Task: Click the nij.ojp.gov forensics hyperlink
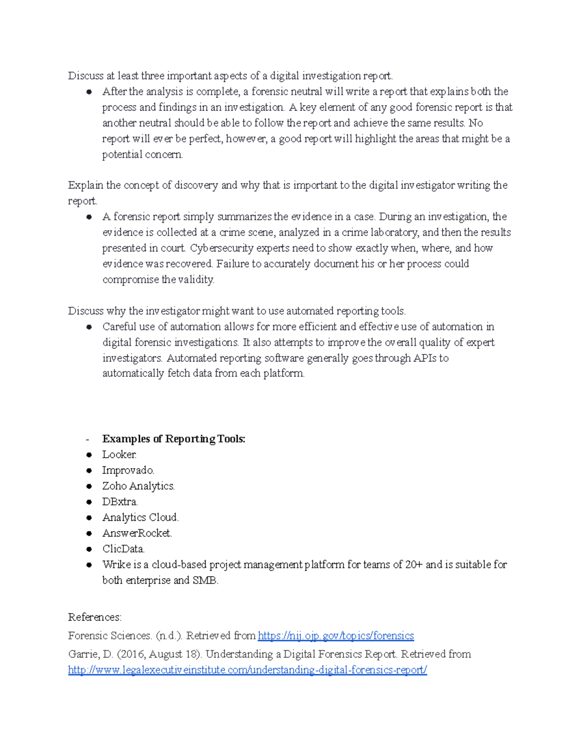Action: (x=336, y=636)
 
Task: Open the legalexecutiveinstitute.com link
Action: (x=247, y=670)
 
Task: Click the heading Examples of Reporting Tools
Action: (x=173, y=439)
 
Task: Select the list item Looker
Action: (x=119, y=455)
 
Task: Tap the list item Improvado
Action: (x=128, y=471)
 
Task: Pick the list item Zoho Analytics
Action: (x=138, y=486)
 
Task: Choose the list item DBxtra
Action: (x=120, y=502)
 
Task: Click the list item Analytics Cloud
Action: (x=140, y=518)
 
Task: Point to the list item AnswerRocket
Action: (x=137, y=533)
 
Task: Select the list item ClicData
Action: (x=123, y=549)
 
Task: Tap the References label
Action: (x=94, y=617)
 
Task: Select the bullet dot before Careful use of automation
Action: (x=89, y=327)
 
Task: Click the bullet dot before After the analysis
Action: (x=89, y=92)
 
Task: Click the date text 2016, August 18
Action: (x=159, y=654)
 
